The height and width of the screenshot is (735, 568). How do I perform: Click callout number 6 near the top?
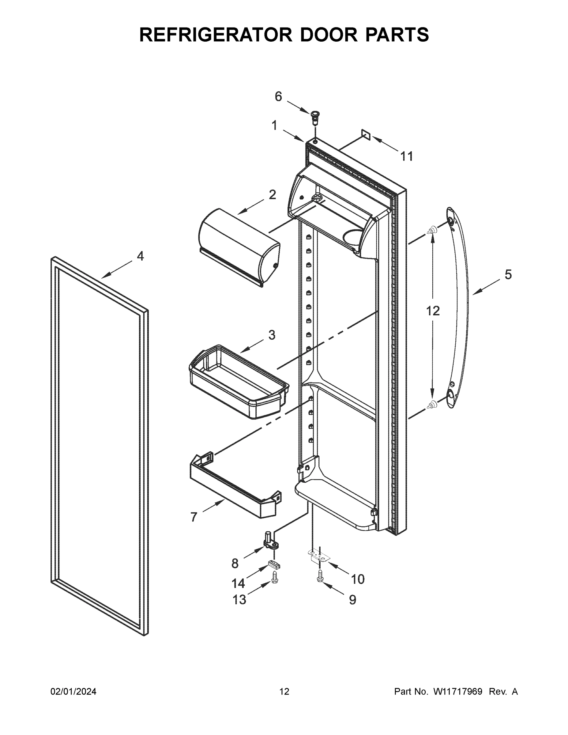coord(278,97)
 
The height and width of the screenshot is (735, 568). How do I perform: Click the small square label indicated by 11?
coord(366,134)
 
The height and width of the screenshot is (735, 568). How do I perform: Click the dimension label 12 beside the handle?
coord(433,311)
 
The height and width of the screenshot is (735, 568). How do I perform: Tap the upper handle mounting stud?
coord(432,230)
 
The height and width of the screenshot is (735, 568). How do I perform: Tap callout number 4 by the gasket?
coord(140,256)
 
